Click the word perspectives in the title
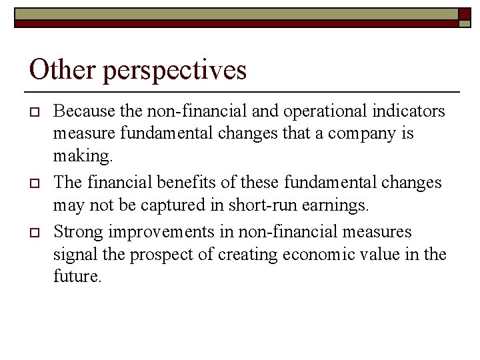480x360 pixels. (x=175, y=71)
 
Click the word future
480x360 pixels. (x=77, y=277)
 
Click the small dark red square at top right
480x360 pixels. (x=464, y=14)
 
